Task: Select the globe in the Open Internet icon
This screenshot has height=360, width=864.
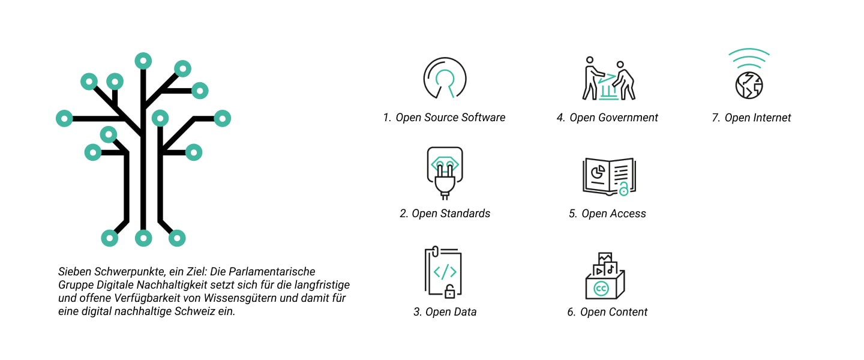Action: [749, 85]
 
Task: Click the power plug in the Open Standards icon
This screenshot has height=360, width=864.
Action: [445, 181]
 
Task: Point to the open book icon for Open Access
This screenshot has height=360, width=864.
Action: [609, 177]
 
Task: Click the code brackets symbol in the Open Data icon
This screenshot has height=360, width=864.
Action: [445, 272]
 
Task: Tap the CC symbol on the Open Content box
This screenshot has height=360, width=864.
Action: [601, 289]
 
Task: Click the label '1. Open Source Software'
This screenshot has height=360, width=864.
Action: [444, 117]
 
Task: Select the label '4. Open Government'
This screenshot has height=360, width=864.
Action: [607, 117]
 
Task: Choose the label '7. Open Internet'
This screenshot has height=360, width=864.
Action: [751, 117]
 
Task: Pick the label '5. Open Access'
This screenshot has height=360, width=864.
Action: [607, 214]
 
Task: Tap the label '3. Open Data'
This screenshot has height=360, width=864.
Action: [445, 312]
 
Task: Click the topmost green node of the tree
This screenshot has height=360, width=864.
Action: [143, 61]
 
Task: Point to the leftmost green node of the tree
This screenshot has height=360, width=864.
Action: [64, 118]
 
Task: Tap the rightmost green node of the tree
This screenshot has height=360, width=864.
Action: [222, 118]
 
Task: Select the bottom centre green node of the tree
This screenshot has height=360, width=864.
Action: [143, 238]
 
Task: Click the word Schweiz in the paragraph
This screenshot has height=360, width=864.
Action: [194, 311]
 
